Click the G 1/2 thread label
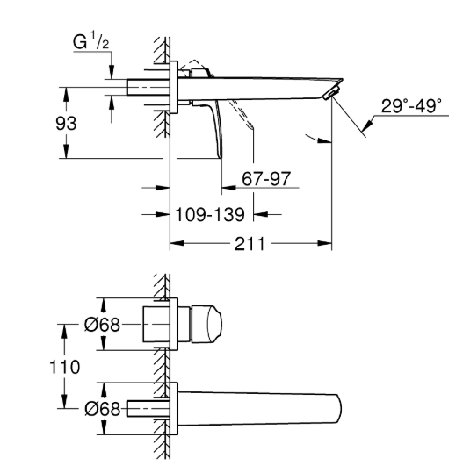(90, 40)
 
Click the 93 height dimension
(66, 124)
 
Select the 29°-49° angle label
(411, 106)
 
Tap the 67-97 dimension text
(266, 179)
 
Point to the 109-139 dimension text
(210, 215)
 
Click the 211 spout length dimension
(250, 244)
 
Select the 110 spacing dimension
(65, 367)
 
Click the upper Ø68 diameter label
(102, 325)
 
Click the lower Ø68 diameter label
(103, 409)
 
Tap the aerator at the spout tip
(331, 92)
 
